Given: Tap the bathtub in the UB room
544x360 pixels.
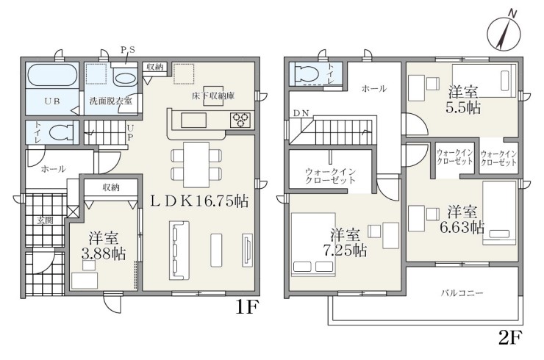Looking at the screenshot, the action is [x=52, y=74].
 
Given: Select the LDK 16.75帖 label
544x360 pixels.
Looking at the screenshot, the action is [x=198, y=201].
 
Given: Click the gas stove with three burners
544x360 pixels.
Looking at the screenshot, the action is [x=240, y=120].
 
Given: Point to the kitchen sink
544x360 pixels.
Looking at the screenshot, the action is [x=193, y=120].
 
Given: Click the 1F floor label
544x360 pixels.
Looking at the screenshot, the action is [x=247, y=307].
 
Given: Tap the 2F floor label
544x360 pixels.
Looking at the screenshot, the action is [x=510, y=338].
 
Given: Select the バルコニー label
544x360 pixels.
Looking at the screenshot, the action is [x=462, y=293].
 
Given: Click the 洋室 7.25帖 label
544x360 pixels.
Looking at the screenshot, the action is [x=345, y=242].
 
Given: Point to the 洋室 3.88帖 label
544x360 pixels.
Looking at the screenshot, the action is [x=104, y=246].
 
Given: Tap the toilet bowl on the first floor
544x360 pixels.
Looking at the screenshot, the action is [x=61, y=132].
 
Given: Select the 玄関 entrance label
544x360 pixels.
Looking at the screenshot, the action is [x=45, y=220].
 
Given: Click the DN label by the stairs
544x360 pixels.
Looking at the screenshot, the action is [x=301, y=113].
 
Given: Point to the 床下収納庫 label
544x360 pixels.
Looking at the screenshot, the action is [x=213, y=96].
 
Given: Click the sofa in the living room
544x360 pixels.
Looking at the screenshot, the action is [x=179, y=250].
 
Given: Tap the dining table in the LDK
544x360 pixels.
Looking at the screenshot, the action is [x=196, y=165].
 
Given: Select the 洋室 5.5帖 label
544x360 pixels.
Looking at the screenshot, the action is [x=463, y=100].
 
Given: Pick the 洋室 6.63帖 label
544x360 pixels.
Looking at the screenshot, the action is [x=462, y=220].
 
